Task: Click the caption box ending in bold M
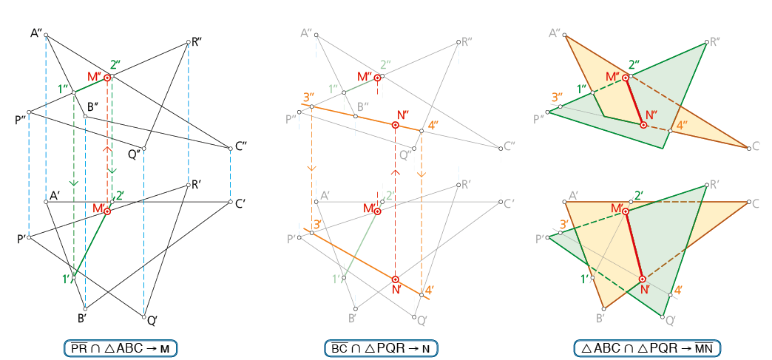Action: click(x=120, y=347)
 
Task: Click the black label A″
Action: click(x=36, y=32)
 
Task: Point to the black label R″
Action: click(x=197, y=42)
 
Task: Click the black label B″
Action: click(x=93, y=108)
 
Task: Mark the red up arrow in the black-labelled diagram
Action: click(x=107, y=149)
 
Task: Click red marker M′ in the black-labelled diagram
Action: click(x=107, y=211)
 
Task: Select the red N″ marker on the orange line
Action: click(x=396, y=126)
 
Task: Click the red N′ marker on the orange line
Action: click(x=396, y=279)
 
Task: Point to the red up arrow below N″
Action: click(x=396, y=173)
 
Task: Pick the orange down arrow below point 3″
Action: click(x=311, y=168)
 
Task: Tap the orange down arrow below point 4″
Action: click(x=421, y=174)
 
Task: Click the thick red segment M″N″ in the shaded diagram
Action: click(x=634, y=101)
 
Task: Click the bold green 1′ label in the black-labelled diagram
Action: click(x=67, y=279)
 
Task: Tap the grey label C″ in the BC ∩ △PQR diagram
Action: click(x=509, y=147)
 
